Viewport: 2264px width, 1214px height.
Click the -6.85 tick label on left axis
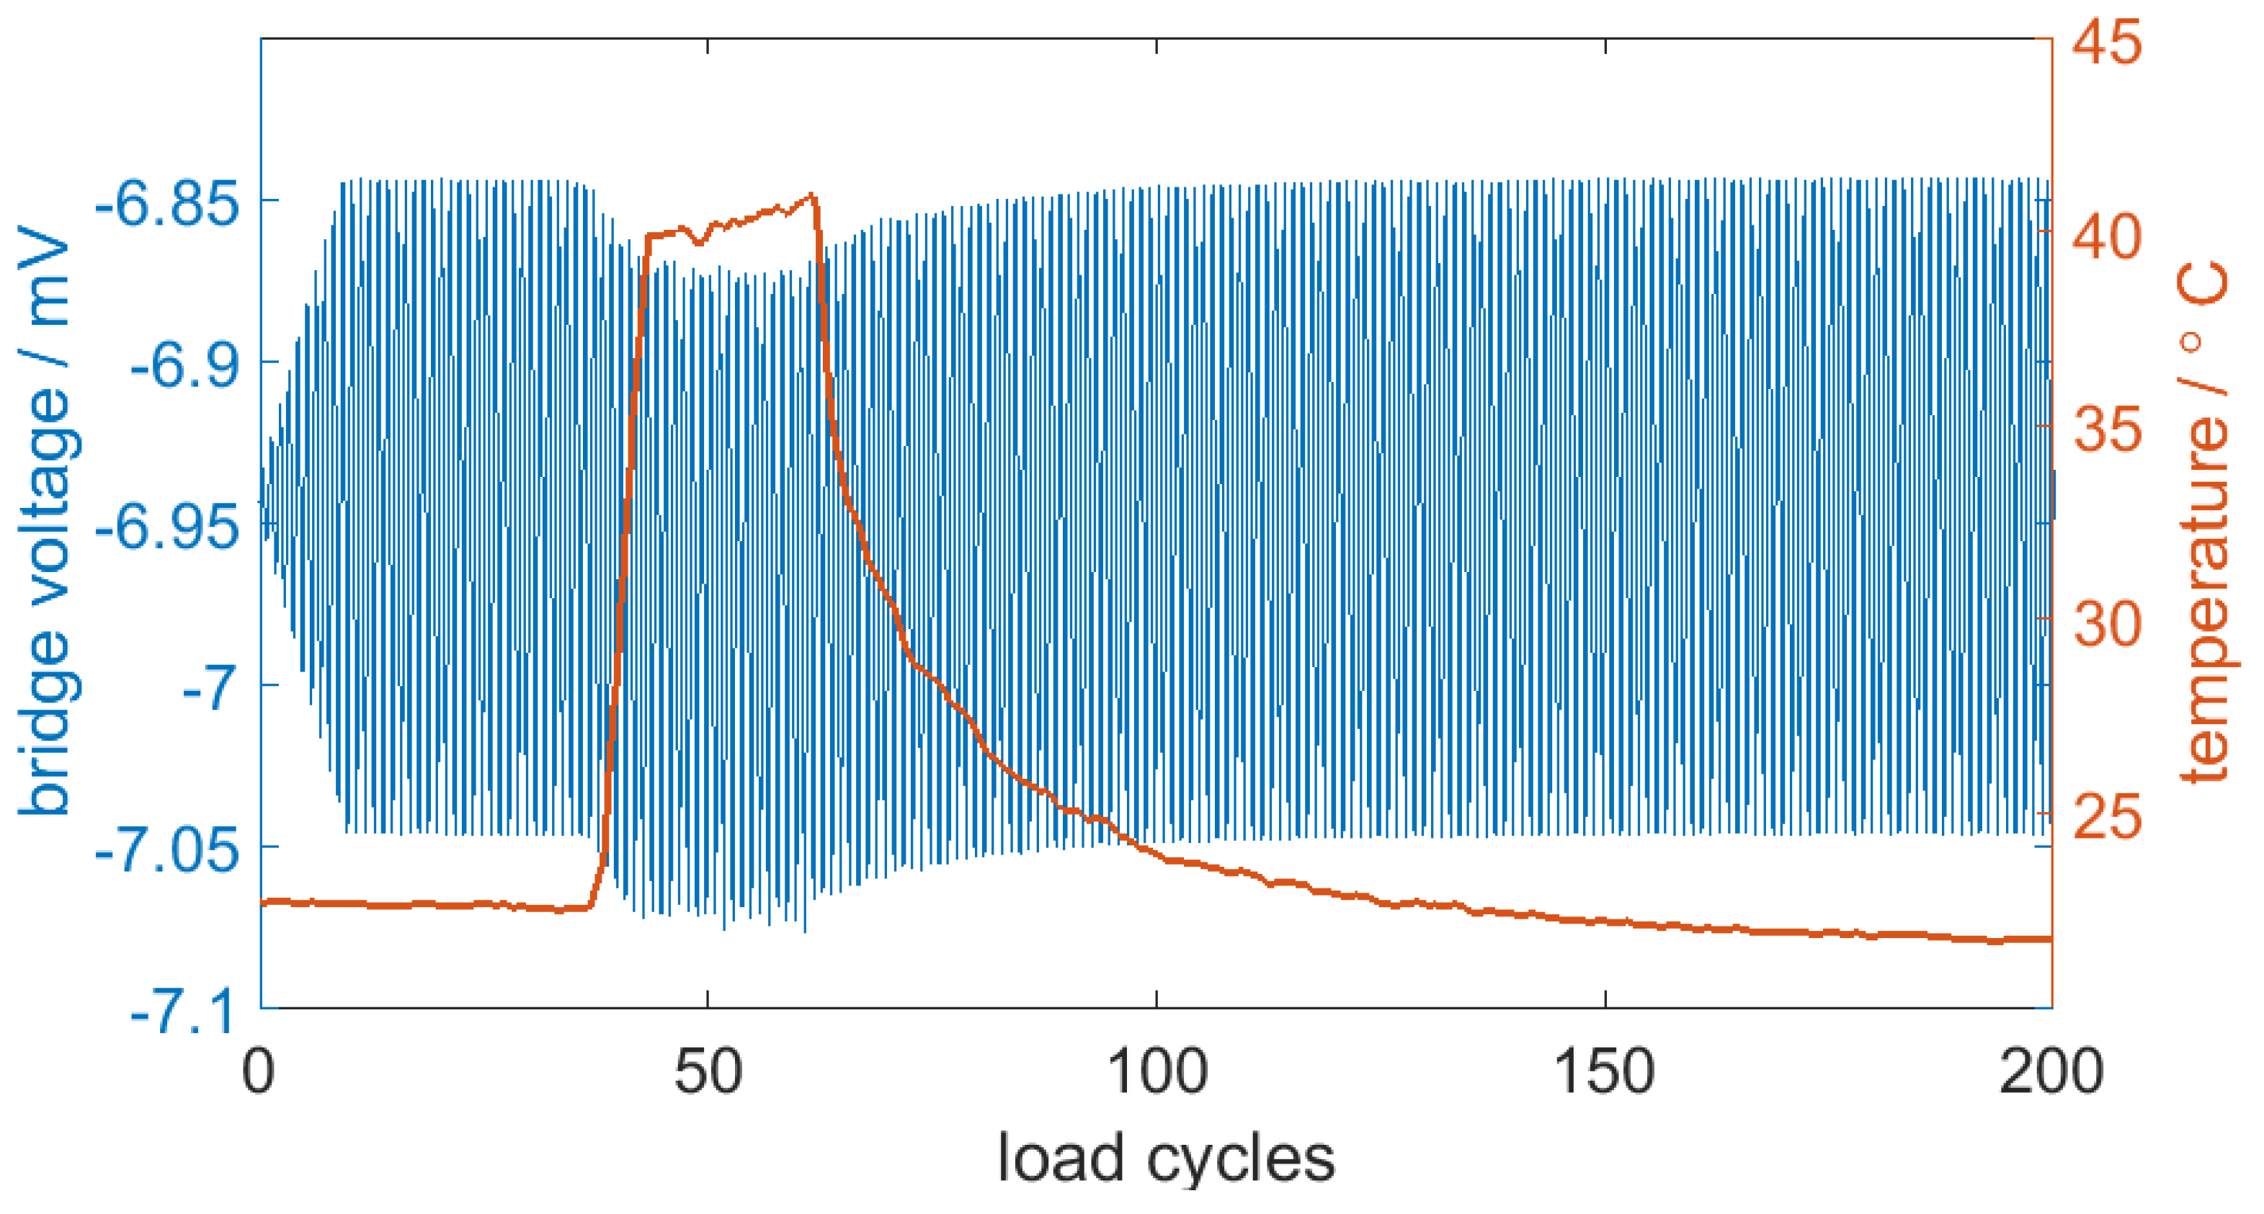tap(167, 204)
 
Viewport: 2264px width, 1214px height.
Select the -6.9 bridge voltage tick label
tap(184, 366)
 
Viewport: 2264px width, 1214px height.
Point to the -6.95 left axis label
tap(167, 528)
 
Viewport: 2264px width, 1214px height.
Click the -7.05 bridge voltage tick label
tap(167, 851)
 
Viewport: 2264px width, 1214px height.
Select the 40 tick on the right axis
tap(2107, 236)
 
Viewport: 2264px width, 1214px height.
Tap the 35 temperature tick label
tap(2107, 430)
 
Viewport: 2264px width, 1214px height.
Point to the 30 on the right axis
tap(2107, 623)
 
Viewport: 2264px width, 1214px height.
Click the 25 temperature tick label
tap(2107, 818)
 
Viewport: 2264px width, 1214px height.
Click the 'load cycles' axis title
tap(1167, 1159)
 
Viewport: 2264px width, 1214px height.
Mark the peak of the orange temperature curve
tap(811, 195)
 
